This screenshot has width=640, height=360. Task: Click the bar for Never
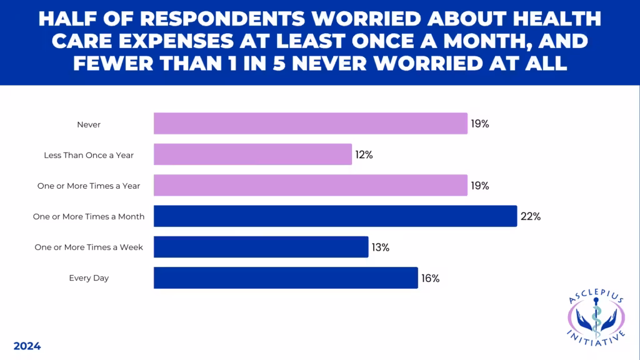pyautogui.click(x=311, y=124)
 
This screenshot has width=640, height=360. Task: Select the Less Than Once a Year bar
pyautogui.click(x=252, y=154)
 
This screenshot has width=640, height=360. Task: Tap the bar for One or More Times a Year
pyautogui.click(x=311, y=186)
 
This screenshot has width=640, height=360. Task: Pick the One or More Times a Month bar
pyautogui.click(x=335, y=216)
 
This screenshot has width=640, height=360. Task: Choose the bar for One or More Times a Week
pyautogui.click(x=261, y=247)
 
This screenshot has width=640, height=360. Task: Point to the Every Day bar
pyautogui.click(x=286, y=278)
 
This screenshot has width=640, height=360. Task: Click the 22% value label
pyautogui.click(x=531, y=217)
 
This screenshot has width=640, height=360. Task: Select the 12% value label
pyautogui.click(x=363, y=155)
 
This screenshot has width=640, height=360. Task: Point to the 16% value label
pyautogui.click(x=429, y=279)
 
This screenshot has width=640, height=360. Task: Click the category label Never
pyautogui.click(x=89, y=124)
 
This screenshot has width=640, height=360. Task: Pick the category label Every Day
pyautogui.click(x=89, y=278)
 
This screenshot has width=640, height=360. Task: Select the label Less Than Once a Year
pyautogui.click(x=89, y=155)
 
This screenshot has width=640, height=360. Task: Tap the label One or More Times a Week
pyautogui.click(x=89, y=247)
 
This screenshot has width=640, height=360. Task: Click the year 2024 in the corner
pyautogui.click(x=27, y=346)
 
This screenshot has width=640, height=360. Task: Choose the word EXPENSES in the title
pyautogui.click(x=172, y=41)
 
